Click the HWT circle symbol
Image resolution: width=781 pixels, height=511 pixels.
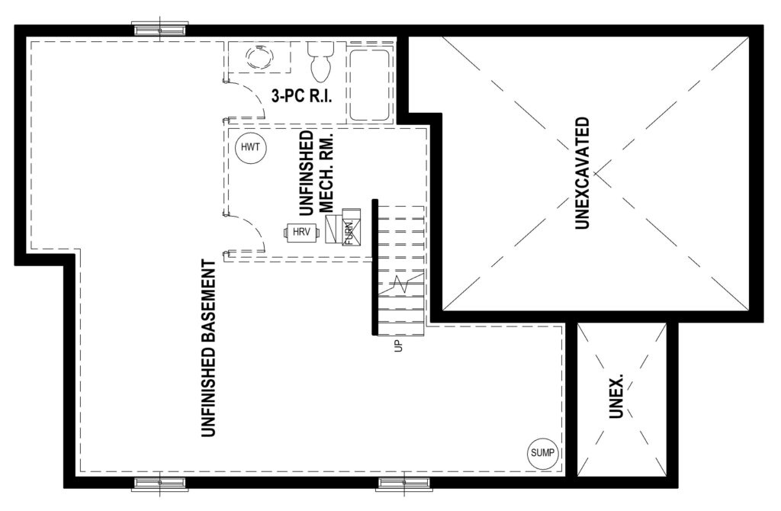[251, 148]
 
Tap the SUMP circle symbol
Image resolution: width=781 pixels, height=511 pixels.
[542, 453]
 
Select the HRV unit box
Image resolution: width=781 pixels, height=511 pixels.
[301, 232]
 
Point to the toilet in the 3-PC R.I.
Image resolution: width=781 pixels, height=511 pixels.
[320, 60]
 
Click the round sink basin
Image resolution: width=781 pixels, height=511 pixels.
[259, 56]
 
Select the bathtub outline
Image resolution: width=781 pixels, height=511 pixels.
[368, 85]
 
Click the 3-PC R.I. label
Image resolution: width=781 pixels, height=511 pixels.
[301, 96]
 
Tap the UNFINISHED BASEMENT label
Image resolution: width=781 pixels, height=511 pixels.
[209, 349]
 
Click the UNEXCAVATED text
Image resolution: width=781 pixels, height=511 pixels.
[582, 173]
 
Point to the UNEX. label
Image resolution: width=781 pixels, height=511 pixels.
[616, 397]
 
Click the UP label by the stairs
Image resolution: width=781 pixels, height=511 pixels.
[397, 345]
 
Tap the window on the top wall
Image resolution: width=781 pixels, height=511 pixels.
[160, 30]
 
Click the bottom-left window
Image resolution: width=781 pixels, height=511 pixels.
[160, 484]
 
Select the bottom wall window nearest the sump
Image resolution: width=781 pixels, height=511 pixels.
[403, 484]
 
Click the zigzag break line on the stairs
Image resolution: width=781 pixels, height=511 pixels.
[401, 284]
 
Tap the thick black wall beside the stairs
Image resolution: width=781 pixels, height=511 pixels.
[374, 268]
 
